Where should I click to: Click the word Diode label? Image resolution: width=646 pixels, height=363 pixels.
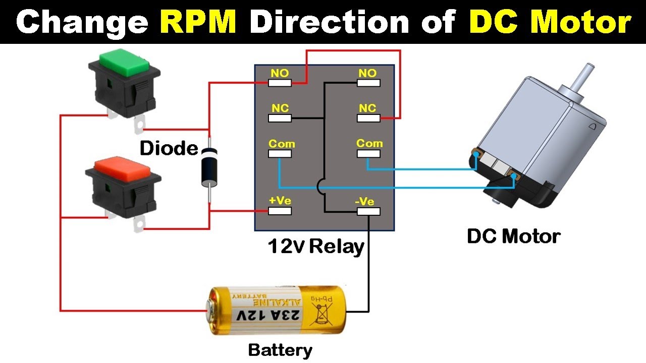169,148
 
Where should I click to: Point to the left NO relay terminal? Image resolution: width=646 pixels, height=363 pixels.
280,83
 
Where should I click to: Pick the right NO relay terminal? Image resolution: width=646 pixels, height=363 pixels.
368,83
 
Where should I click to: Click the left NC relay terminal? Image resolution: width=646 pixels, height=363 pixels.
280,118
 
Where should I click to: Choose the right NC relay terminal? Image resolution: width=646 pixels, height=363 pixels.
368,118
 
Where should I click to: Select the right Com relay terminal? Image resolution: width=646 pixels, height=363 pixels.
368,153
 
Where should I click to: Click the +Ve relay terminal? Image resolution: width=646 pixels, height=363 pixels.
280,211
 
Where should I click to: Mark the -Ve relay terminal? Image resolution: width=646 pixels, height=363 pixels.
368,211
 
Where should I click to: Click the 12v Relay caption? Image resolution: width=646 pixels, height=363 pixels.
316,247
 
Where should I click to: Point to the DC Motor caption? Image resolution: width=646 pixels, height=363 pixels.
513,236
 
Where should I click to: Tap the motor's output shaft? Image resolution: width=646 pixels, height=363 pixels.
587,76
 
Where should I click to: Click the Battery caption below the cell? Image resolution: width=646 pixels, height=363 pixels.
280,350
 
